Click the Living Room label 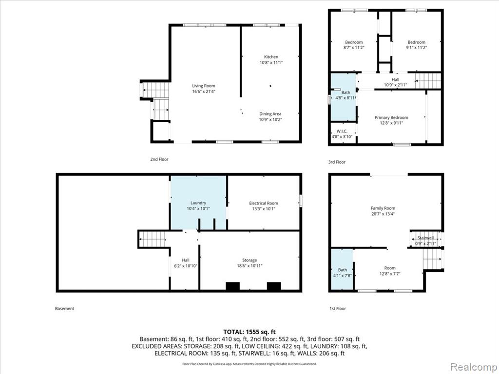point(203,86)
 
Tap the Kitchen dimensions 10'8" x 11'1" point(271,63)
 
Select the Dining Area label point(270,114)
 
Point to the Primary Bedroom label point(391,118)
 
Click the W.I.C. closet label point(342,131)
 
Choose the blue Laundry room point(198,203)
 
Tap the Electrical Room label point(264,203)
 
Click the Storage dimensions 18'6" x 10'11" point(249,266)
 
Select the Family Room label point(383,208)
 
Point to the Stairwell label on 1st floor point(425,238)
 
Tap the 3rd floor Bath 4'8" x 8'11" point(344,97)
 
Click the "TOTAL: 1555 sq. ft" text point(249,332)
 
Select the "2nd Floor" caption point(159,159)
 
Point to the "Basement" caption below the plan point(65,308)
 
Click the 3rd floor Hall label point(395,79)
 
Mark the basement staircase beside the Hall point(152,240)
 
